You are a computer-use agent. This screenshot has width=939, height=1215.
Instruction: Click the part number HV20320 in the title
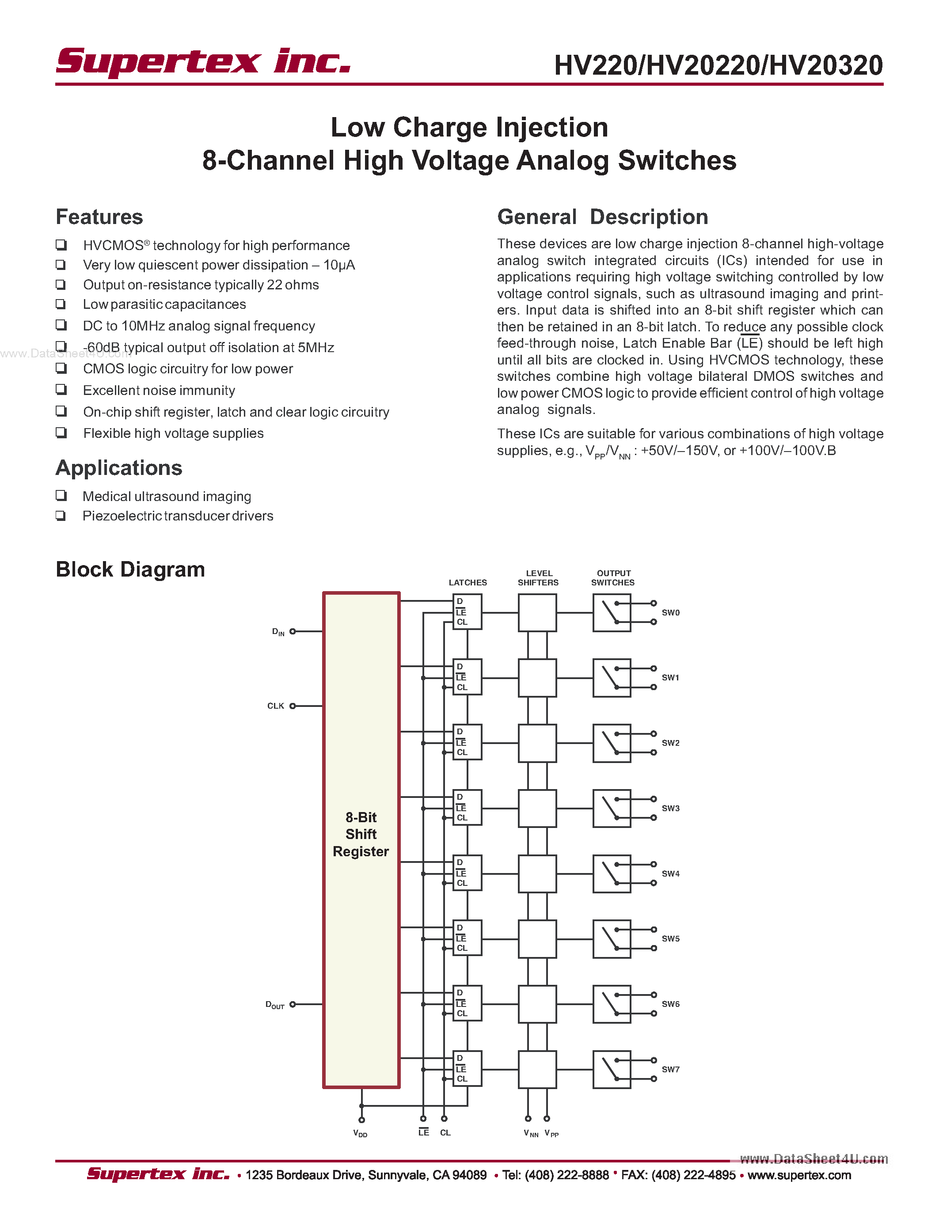825,66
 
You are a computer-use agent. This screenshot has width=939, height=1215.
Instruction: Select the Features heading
99,217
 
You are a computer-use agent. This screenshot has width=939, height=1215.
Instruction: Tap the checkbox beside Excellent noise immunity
61,389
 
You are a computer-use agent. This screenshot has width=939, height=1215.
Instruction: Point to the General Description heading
602,217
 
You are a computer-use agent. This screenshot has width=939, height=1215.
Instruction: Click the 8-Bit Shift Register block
361,835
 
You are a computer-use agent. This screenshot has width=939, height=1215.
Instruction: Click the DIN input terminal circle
293,631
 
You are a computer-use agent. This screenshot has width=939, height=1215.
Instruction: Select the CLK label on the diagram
275,706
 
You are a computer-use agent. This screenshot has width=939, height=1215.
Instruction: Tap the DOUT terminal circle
293,1004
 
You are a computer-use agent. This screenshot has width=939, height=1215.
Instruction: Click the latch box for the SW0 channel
467,612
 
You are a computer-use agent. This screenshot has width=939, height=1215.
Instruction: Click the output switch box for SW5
612,938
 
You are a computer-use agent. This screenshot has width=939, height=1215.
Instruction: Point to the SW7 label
670,1069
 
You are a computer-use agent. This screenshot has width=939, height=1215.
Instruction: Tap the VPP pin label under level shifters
551,1133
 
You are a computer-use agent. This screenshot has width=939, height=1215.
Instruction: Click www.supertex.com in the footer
799,1175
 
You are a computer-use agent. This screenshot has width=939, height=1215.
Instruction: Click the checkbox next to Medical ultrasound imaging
61,495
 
